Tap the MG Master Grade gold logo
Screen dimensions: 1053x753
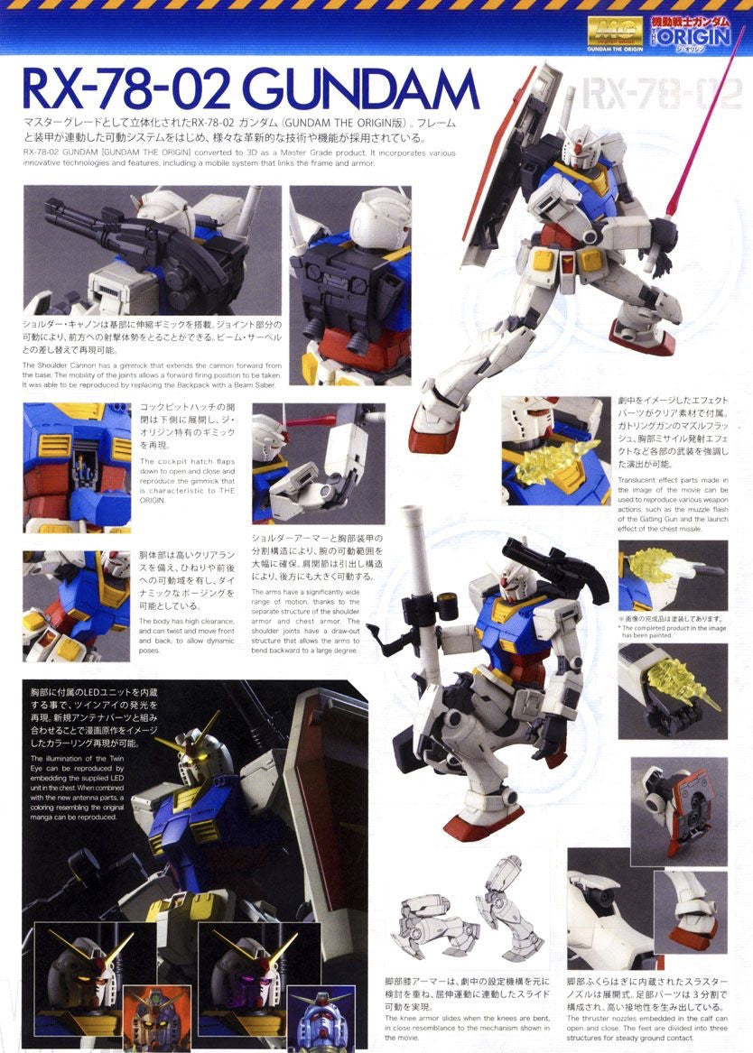(x=608, y=33)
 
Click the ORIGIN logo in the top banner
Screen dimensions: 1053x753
(x=693, y=38)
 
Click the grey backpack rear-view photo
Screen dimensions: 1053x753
(x=350, y=280)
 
